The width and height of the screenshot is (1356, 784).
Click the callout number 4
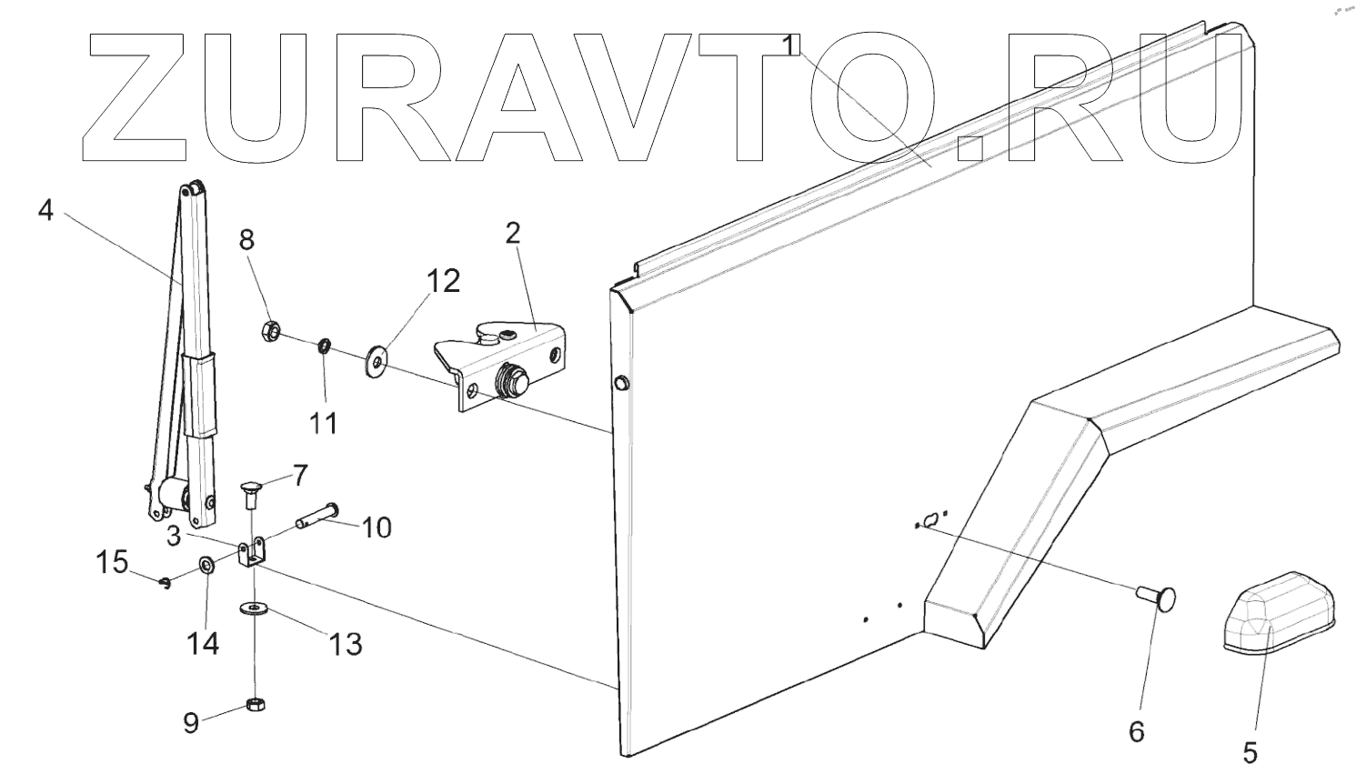tap(46, 211)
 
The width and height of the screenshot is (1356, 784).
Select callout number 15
tap(114, 563)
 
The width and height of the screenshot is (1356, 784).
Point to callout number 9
tap(191, 723)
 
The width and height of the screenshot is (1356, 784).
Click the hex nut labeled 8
tap(269, 330)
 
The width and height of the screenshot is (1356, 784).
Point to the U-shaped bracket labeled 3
tap(253, 553)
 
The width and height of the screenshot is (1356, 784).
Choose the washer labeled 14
tap(206, 567)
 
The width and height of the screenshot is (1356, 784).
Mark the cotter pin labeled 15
tap(165, 584)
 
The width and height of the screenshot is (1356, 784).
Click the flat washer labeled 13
tap(252, 607)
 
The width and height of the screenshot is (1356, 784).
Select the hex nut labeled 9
tap(256, 705)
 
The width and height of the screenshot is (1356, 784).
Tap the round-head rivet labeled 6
tap(1159, 598)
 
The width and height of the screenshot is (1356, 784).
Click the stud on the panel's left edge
tap(621, 383)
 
